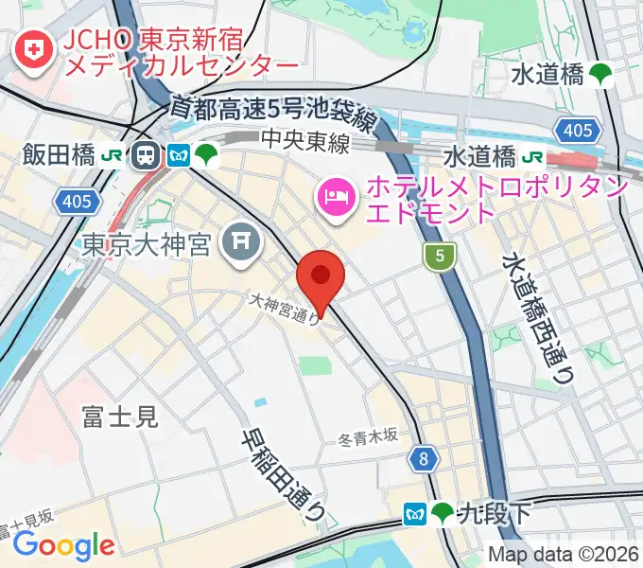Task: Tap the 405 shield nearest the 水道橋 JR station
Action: tap(585, 130)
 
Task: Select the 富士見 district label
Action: tap(119, 416)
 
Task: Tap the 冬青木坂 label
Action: tap(368, 439)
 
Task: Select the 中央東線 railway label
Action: tap(305, 142)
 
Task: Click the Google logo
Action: tap(62, 544)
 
